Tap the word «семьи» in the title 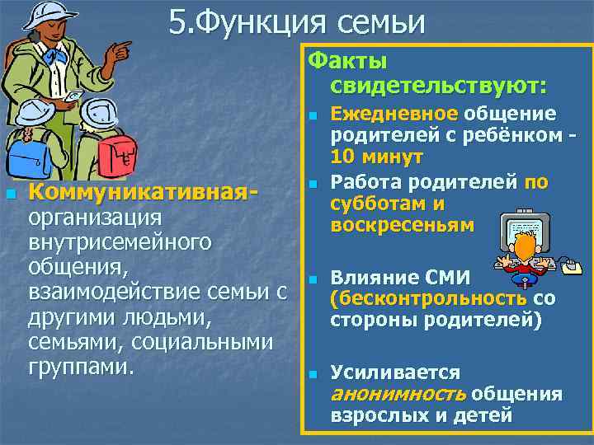(x=380, y=22)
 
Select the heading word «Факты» (x=347, y=61)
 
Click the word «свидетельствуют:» (x=438, y=85)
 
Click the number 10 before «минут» (x=342, y=157)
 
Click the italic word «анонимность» (x=397, y=394)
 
